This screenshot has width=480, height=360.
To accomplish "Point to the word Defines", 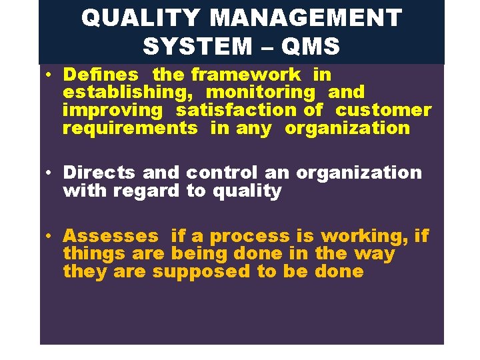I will pos(101,74).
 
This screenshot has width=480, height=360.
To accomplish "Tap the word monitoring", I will pos(260,92).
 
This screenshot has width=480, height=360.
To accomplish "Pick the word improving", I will pos(113,110).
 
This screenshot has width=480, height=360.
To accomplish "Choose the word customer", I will pos(383,110).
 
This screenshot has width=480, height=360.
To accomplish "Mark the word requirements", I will pos(130,128).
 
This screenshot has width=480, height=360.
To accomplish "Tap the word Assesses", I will pos(111,236).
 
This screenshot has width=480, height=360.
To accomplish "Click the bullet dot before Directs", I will pos(50,173).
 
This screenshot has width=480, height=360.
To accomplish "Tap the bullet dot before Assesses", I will pos(50,237).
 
